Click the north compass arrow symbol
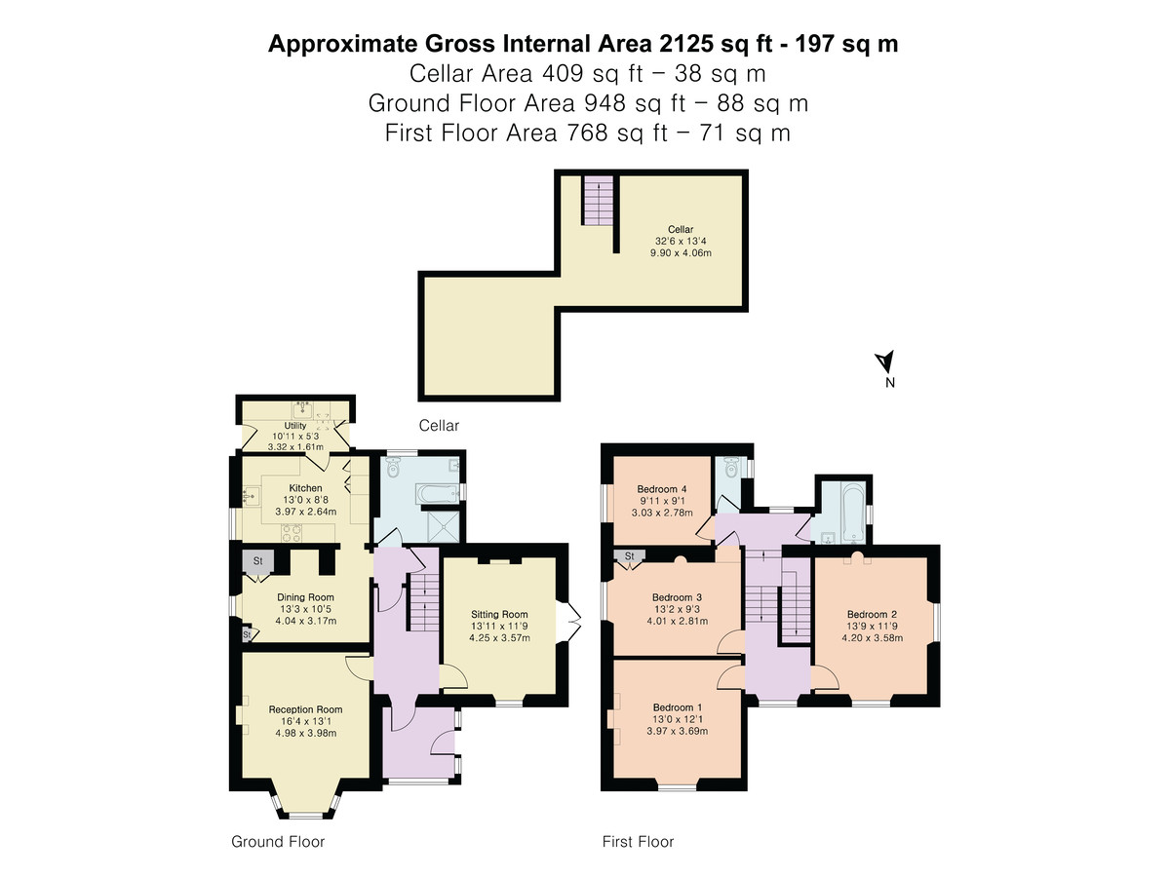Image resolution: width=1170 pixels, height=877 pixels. (885, 362)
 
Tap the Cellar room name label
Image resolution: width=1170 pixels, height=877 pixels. (681, 230)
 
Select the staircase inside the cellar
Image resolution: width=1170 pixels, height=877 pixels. (599, 201)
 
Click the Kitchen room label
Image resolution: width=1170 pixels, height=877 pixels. (305, 488)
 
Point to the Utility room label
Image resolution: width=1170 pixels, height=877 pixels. (295, 426)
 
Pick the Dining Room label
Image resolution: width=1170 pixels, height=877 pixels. (305, 597)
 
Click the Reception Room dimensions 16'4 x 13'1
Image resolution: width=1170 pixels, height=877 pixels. (305, 721)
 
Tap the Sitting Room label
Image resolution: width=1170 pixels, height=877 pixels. (499, 615)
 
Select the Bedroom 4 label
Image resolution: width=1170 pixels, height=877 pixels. (662, 489)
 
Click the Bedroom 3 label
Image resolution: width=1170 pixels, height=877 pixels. (677, 597)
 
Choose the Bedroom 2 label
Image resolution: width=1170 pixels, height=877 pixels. (872, 615)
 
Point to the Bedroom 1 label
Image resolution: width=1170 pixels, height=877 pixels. (678, 707)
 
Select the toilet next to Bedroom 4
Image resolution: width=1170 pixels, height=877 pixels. (731, 468)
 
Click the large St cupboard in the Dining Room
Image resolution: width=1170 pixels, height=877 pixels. (258, 561)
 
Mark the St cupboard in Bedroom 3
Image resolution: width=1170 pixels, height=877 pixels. (630, 555)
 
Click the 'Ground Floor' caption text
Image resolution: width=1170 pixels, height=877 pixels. (278, 841)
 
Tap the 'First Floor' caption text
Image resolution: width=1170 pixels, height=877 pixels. (638, 841)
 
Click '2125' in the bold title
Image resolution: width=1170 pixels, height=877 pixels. (686, 44)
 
